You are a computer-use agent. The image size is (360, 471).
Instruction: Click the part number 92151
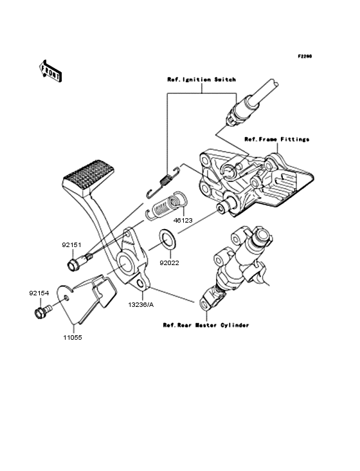coord(71,245)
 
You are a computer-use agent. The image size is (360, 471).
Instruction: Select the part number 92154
coord(39,293)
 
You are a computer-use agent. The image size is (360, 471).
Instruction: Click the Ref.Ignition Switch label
coord(201,79)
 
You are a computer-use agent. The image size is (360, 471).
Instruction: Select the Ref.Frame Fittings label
coord(276,139)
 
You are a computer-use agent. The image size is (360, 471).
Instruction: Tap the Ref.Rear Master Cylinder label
coord(206,326)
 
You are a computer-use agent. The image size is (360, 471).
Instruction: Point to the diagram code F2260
coord(304,56)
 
